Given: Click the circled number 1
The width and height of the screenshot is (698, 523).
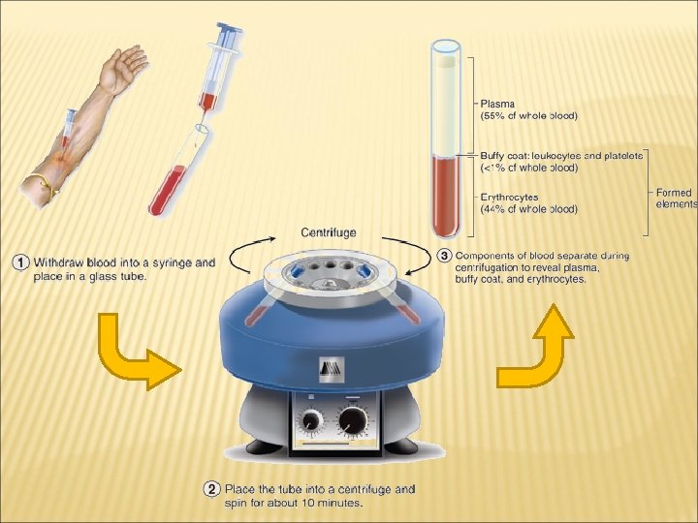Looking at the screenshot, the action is click(20, 261).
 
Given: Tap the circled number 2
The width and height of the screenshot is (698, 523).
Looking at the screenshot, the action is click(211, 489).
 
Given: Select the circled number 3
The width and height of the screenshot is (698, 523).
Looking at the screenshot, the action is click(444, 256).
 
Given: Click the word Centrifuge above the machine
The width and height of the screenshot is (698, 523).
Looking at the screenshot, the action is click(329, 232).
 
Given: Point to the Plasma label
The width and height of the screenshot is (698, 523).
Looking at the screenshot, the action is click(497, 104).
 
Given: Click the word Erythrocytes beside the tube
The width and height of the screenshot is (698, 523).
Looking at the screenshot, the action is click(509, 198).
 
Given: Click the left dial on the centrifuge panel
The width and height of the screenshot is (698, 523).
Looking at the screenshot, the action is click(311, 420).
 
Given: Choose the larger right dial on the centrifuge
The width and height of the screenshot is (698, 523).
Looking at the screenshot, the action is click(353, 420).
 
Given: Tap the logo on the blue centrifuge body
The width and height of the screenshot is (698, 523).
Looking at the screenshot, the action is click(332, 369).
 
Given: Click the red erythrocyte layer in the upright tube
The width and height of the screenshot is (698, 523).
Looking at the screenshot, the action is click(445, 196).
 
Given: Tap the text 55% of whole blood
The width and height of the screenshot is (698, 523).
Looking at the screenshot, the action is click(529, 116).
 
